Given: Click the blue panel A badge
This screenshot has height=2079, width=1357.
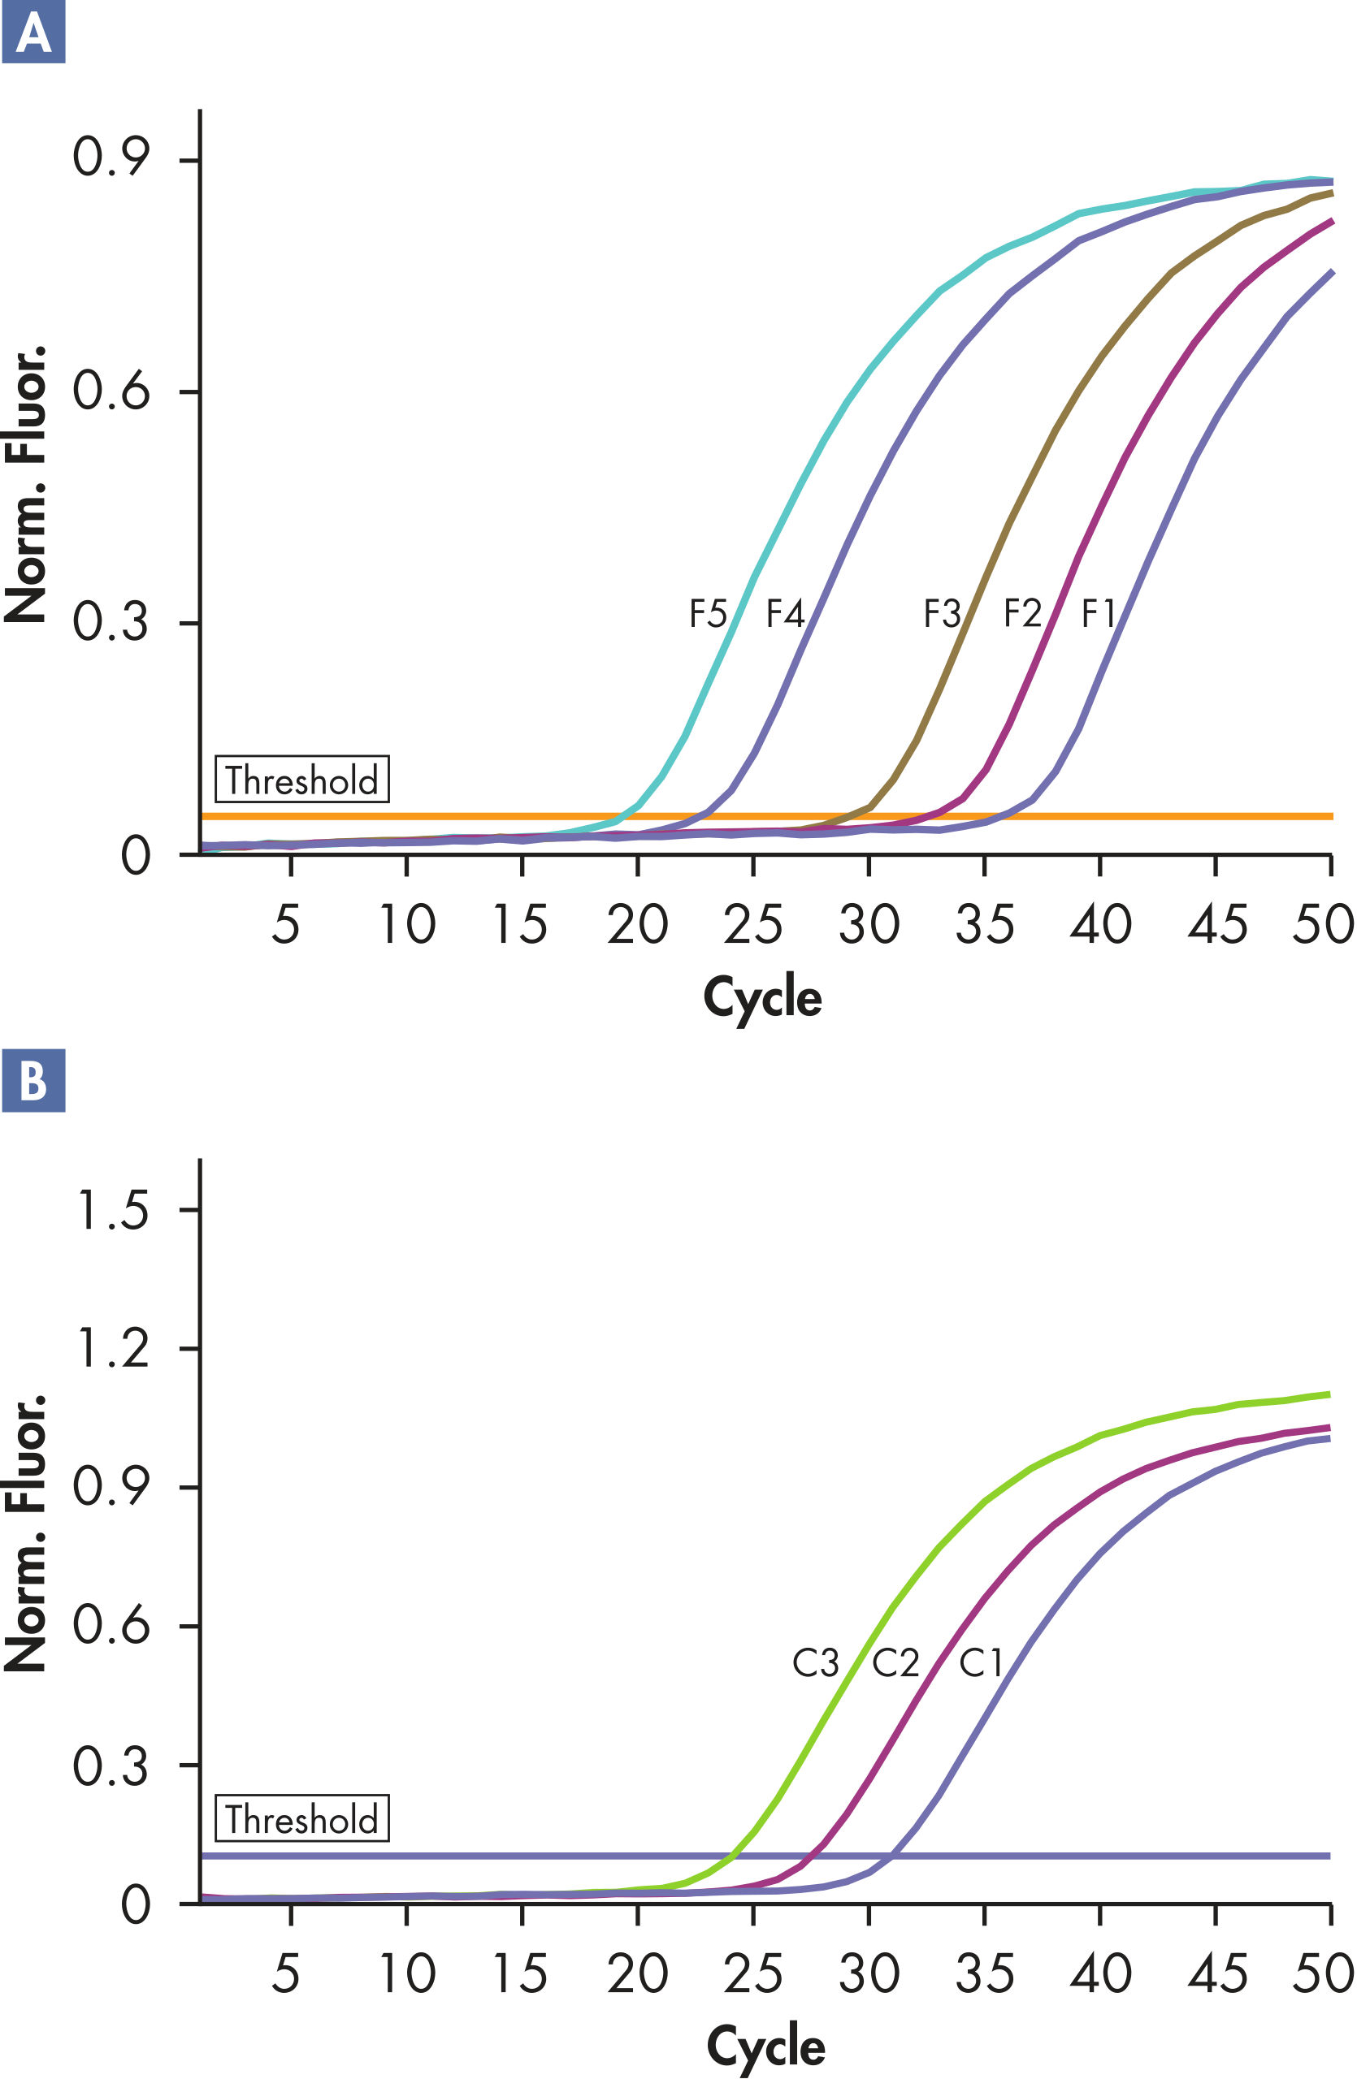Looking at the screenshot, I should [x=33, y=32].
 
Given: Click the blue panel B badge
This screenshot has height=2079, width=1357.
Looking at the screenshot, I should [x=33, y=1081].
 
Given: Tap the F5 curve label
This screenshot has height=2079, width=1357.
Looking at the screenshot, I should [x=708, y=613].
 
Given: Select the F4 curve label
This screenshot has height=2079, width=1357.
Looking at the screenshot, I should [x=785, y=613].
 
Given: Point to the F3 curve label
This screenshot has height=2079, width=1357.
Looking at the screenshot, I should [x=942, y=613].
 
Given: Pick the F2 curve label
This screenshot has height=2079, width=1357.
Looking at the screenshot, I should [x=1022, y=613].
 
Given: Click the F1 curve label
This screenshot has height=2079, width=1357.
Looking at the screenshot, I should [x=1099, y=613].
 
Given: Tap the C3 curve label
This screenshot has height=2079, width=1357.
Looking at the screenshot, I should [x=815, y=1663].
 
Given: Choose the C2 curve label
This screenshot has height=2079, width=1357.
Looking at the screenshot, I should [x=895, y=1663].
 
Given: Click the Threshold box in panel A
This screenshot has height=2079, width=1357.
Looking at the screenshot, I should [x=301, y=779].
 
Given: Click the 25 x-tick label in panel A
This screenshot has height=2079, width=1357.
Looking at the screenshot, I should [x=753, y=925].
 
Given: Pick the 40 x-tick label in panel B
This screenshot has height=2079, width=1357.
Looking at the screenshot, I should [x=1100, y=1973].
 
